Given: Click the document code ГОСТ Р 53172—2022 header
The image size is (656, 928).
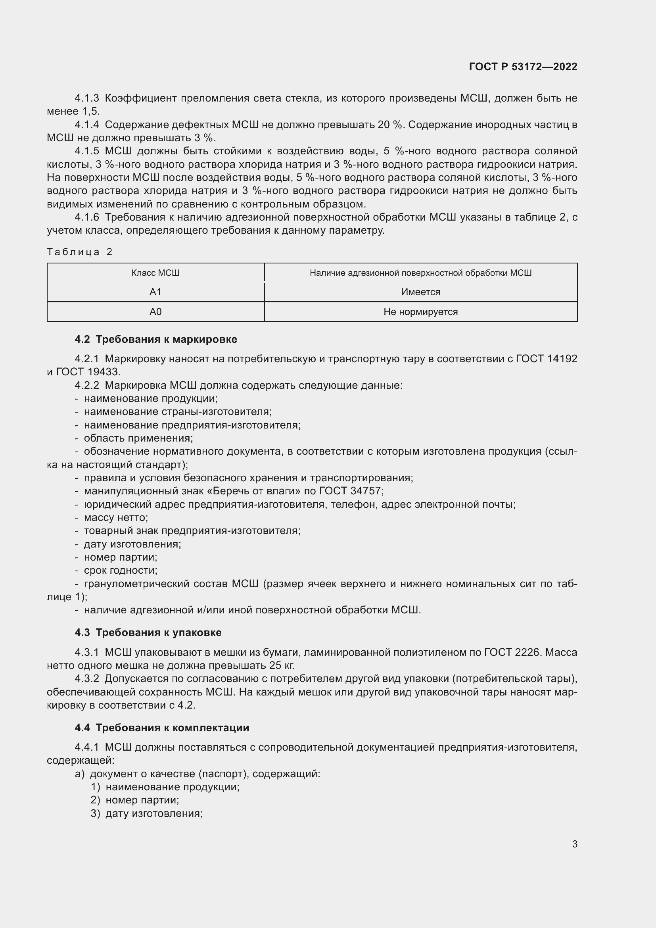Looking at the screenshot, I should tap(523, 67).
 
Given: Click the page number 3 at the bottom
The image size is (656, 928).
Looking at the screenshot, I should tap(574, 844).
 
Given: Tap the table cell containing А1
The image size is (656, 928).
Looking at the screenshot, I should tap(155, 292).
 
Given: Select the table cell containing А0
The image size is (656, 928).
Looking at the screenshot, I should tap(155, 311).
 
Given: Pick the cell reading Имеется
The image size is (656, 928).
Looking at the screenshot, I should tap(420, 292).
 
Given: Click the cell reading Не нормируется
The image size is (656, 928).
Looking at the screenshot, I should tap(420, 311).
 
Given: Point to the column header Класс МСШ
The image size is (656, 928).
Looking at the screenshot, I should tap(155, 273).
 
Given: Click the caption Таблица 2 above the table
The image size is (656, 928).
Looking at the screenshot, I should tap(80, 252).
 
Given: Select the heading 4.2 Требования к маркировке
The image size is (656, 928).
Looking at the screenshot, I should tap(156, 339).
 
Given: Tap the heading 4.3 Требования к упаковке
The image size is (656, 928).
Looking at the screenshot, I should tap(148, 632).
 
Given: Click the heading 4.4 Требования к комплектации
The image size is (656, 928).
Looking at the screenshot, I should tap(162, 728).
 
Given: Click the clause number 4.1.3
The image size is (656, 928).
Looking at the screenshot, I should tap(87, 98).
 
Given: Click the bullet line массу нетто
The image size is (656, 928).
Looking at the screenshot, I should tap(116, 517).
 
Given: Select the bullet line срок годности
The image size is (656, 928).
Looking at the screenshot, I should tap(121, 570).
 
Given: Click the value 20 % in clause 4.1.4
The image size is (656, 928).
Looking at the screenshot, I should tap(390, 125).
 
